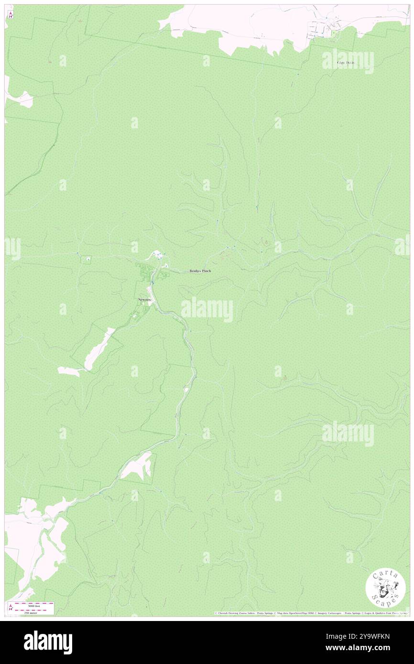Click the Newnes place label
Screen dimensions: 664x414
coord(144,299)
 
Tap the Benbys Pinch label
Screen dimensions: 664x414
coord(200,271)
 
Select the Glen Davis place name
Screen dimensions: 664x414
coord(346,63)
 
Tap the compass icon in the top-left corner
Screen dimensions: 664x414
coord(11,14)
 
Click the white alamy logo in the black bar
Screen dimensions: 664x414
coord(48,642)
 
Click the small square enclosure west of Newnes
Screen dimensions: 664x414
coord(86,260)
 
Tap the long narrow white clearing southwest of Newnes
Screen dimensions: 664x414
coord(99,349)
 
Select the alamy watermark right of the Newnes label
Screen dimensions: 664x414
coord(207,310)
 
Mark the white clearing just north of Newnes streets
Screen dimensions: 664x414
coord(156,256)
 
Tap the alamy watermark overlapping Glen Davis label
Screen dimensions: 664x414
coord(348,61)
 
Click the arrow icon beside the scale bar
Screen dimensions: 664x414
coord(11,607)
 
